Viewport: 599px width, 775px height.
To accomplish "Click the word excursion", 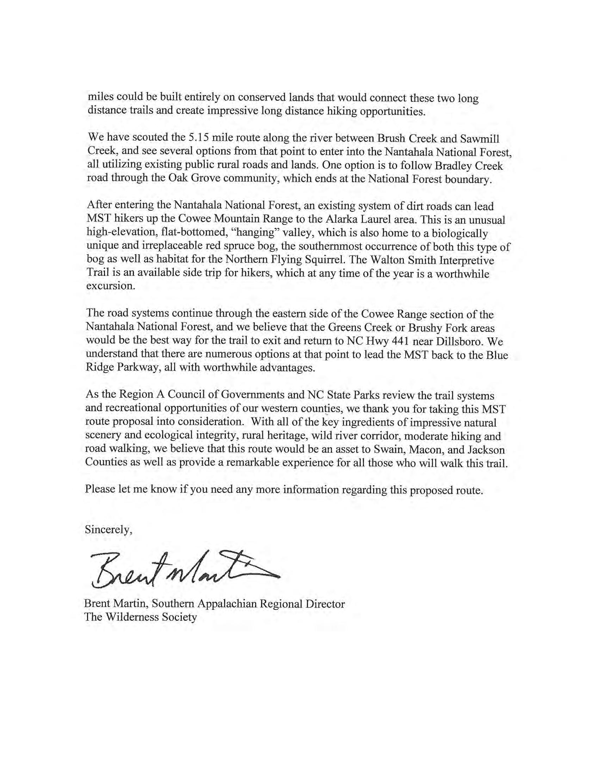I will click(110, 286).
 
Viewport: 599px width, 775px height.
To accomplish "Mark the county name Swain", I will click(388, 449).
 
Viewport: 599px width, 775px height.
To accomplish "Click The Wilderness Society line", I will click(141, 617).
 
